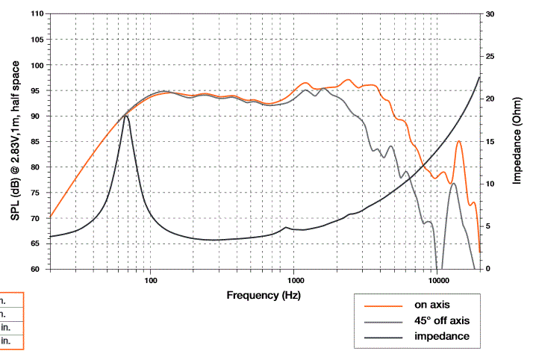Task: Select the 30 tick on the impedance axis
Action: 490,14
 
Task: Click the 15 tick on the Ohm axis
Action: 490,141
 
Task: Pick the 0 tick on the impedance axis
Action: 488,269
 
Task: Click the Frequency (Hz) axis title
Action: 264,296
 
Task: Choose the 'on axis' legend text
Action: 432,305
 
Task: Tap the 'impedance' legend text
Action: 441,337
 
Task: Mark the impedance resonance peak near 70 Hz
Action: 126,116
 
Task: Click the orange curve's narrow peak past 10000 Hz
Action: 459,141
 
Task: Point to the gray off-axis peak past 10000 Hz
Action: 453,184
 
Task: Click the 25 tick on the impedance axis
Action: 490,56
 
